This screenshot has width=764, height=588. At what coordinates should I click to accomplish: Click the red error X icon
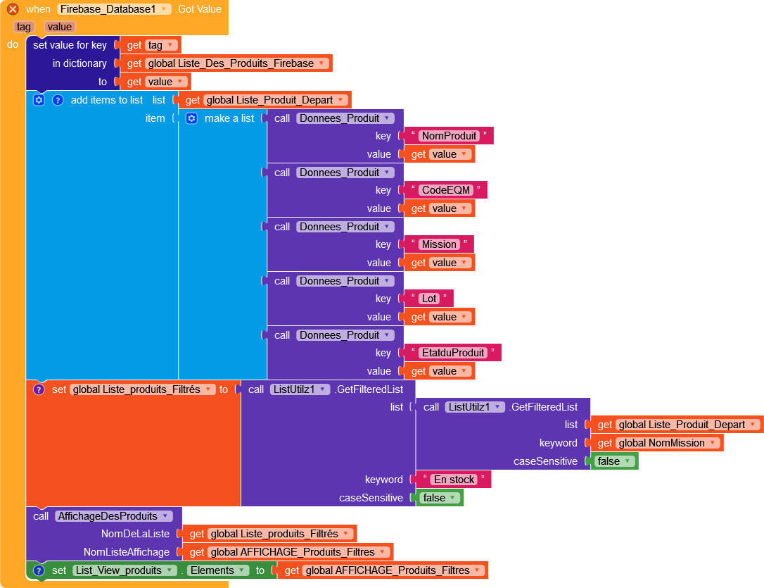[x=13, y=9]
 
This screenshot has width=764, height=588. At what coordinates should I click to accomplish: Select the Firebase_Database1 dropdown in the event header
[x=114, y=9]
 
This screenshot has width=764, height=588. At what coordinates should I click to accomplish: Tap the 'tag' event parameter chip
[x=24, y=27]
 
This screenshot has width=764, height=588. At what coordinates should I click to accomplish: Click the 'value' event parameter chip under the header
[x=60, y=27]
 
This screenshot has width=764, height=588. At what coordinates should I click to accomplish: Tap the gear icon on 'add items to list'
[x=39, y=100]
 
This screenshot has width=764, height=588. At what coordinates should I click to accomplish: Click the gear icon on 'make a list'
[x=191, y=118]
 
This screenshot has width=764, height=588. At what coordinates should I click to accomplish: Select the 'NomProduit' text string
[x=449, y=136]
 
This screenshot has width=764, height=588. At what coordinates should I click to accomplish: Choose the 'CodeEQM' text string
[x=445, y=190]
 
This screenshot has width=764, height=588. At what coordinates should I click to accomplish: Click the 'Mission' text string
[x=439, y=244]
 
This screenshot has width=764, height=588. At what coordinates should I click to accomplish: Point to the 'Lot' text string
[x=429, y=299]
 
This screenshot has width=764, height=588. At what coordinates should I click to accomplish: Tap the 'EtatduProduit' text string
[x=453, y=353]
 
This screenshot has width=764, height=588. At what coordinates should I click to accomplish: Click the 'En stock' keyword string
[x=454, y=480]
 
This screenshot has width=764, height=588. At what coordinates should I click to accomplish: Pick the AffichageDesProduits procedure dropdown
[x=113, y=516]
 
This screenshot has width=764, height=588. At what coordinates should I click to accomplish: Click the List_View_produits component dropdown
[x=124, y=570]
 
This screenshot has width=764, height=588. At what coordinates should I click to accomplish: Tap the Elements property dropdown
[x=218, y=570]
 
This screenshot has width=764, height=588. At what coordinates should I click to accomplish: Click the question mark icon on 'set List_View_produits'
[x=39, y=570]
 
